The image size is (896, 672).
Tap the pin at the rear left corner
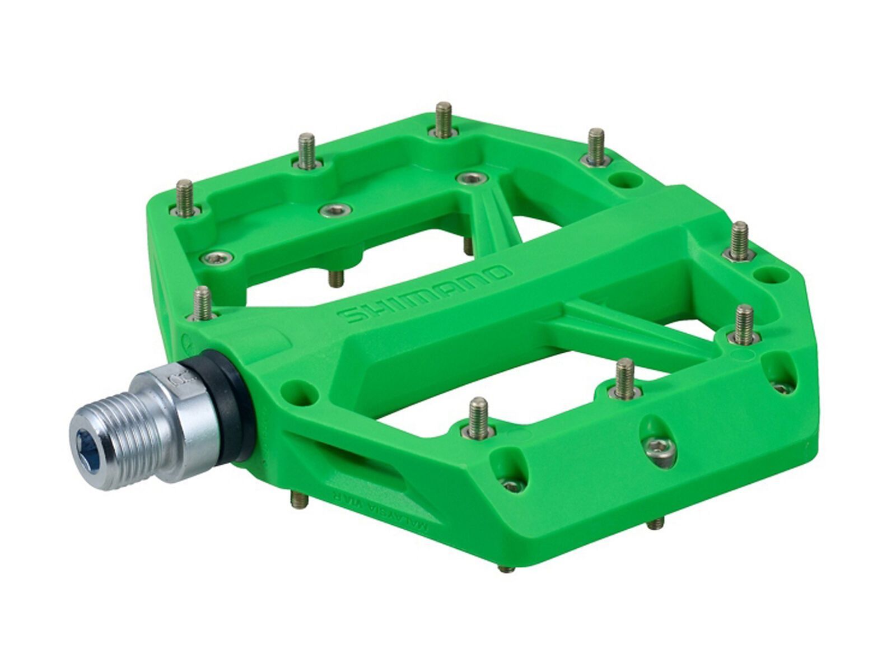[x=184, y=195]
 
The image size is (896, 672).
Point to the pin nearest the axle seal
[x=203, y=302]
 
